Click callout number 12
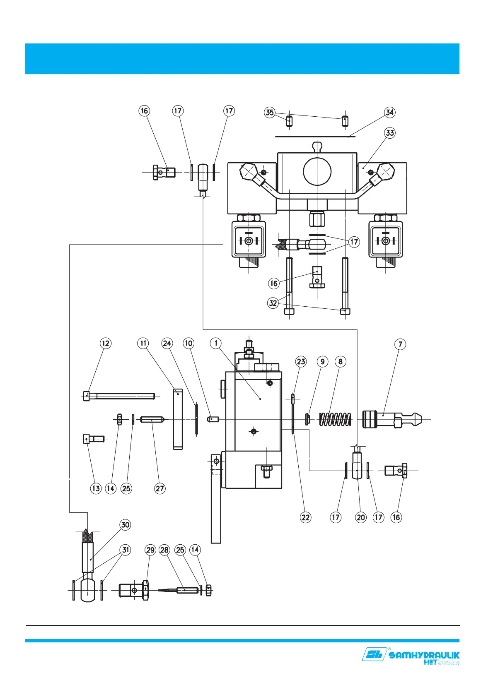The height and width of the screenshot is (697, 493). tap(106, 344)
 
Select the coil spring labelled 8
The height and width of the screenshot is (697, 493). tap(336, 419)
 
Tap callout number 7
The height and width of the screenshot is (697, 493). tap(400, 344)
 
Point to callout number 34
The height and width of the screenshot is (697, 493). tap(389, 112)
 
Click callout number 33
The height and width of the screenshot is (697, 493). tap(389, 133)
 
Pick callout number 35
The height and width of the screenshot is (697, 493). tap(270, 112)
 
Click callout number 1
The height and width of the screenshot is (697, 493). tap(216, 343)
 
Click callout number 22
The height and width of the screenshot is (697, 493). tap(305, 517)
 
